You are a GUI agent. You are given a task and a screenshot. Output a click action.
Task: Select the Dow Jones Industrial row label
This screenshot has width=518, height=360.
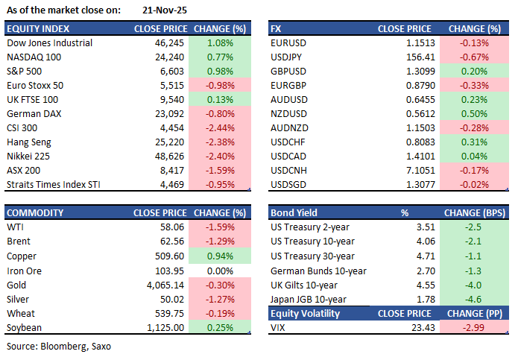click(x=49, y=42)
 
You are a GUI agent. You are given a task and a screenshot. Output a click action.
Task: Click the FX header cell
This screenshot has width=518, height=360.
click(x=277, y=28)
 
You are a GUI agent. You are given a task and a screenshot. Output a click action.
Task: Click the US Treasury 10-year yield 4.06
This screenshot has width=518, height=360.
click(x=425, y=241)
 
